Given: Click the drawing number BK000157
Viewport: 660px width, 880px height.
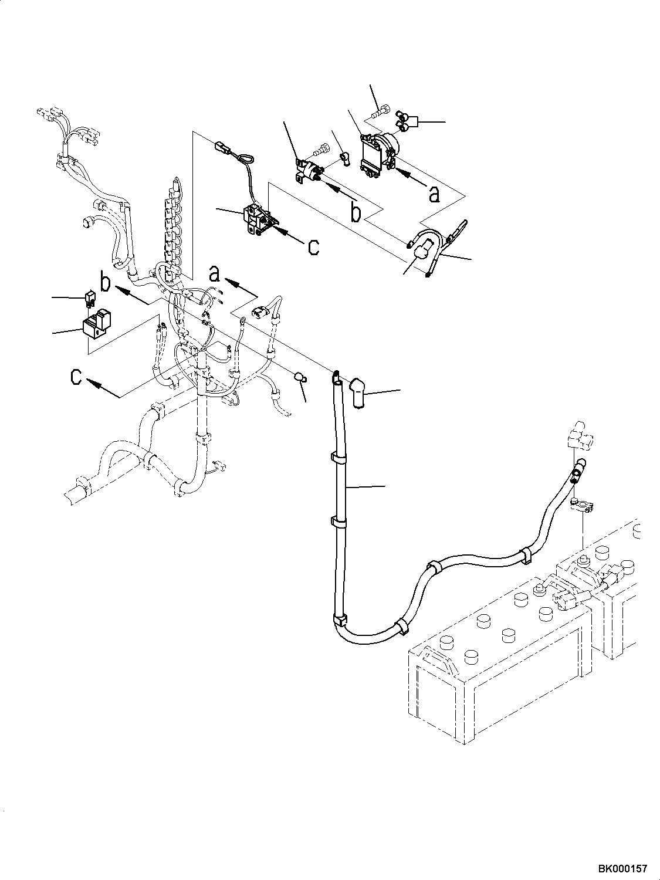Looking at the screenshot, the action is [622, 866].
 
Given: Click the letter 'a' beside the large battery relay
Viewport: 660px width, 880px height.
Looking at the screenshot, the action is [434, 194].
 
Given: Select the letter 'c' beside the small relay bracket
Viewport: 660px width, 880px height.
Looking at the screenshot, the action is [314, 247].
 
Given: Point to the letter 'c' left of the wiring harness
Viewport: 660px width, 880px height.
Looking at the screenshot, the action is [76, 377].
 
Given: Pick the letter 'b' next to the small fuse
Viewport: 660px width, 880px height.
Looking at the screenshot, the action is [105, 281].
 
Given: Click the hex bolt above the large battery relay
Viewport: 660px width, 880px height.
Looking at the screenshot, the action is [379, 112].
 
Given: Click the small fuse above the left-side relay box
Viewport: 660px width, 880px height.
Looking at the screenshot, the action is [90, 299].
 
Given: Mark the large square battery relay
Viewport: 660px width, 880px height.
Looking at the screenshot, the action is [378, 154].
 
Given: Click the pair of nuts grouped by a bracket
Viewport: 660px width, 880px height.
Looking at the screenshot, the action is [403, 121].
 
